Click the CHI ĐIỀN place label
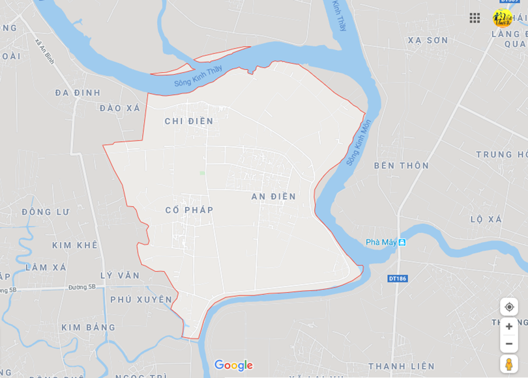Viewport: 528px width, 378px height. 188,121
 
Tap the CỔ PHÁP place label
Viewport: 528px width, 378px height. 189,210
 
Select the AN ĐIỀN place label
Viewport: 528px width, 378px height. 274,196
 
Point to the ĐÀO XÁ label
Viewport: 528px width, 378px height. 120,108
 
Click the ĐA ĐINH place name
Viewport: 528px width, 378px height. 78,92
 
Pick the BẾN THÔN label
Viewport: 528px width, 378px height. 402,166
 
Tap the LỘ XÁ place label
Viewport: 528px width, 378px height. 486,219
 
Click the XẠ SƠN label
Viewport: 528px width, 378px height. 428,40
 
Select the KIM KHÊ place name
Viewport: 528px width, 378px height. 75,245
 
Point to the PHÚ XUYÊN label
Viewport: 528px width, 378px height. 141,300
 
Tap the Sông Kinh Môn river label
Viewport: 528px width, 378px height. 359,142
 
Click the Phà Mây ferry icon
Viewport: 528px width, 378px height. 402,242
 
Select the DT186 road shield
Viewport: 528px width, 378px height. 397,278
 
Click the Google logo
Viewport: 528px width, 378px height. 233,366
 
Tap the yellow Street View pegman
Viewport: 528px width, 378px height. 508,364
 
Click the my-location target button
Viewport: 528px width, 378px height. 509,306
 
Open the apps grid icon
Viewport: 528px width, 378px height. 475,18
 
